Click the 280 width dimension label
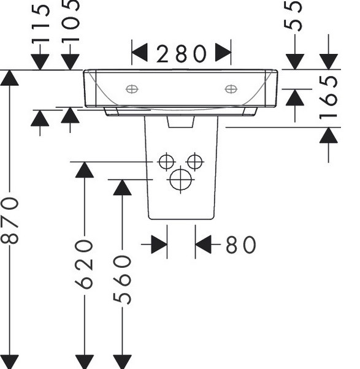pyautogui.click(x=182, y=54)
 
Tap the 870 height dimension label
pyautogui.click(x=10, y=220)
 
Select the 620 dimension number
pyautogui.click(x=84, y=264)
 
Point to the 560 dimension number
pyautogui.click(x=122, y=279)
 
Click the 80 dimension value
pyautogui.click(x=240, y=245)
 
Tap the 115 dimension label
pyautogui.click(x=40, y=25)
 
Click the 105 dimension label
pyautogui.click(x=71, y=21)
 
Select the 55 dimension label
pyautogui.click(x=293, y=15)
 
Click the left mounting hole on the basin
pyautogui.click(x=132, y=89)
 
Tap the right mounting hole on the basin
pyautogui.click(x=231, y=89)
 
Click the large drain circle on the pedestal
pyautogui.click(x=180, y=180)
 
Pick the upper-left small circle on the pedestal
pyautogui.click(x=166, y=162)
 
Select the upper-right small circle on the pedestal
pyautogui.click(x=194, y=162)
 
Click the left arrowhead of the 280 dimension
pyautogui.click(x=139, y=52)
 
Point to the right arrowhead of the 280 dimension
pyautogui.click(x=223, y=52)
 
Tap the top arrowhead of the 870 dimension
pyautogui.click(x=10, y=78)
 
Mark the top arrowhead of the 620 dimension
pyautogui.click(x=84, y=170)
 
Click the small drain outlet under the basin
pyautogui.click(x=181, y=121)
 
